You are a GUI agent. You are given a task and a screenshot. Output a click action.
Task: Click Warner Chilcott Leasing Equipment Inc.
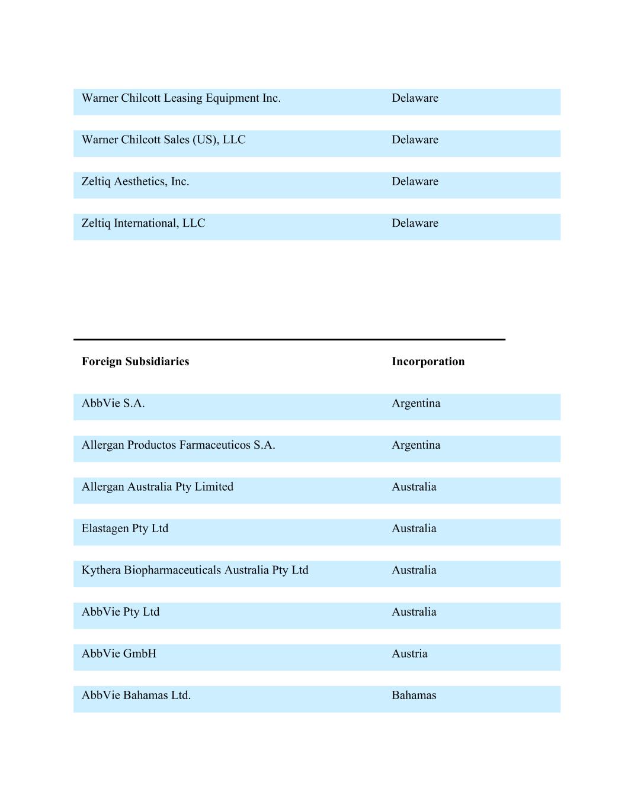[181, 98]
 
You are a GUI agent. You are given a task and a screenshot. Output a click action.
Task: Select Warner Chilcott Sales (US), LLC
[164, 140]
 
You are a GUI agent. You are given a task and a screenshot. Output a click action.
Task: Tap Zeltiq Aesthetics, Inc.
[135, 182]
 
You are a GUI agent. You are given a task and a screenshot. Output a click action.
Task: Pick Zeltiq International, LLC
[143, 223]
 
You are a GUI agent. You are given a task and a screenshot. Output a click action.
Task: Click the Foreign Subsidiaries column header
[135, 362]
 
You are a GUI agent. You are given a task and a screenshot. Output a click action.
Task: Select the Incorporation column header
[428, 362]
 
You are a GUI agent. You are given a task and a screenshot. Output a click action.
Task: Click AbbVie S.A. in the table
[113, 404]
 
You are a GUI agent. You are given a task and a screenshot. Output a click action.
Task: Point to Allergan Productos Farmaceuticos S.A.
[178, 445]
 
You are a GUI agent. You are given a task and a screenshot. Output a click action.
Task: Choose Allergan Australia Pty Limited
[158, 487]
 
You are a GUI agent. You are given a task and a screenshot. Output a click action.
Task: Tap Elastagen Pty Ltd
[125, 529]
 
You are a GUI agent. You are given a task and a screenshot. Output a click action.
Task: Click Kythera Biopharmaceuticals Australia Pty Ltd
[195, 570]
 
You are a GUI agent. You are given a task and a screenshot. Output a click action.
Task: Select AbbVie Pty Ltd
[120, 612]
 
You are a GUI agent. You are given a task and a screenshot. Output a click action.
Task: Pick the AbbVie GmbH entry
[119, 654]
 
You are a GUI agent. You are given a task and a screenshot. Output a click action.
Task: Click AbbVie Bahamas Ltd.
[136, 696]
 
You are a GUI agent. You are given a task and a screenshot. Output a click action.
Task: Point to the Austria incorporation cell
[409, 654]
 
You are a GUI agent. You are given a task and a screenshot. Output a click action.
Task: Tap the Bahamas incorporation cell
[414, 696]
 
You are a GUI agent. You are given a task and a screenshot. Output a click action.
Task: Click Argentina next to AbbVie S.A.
[416, 404]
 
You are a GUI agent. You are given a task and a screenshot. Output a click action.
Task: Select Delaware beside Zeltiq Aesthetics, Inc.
[415, 182]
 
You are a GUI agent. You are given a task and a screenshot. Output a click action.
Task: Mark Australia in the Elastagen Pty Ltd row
[414, 529]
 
